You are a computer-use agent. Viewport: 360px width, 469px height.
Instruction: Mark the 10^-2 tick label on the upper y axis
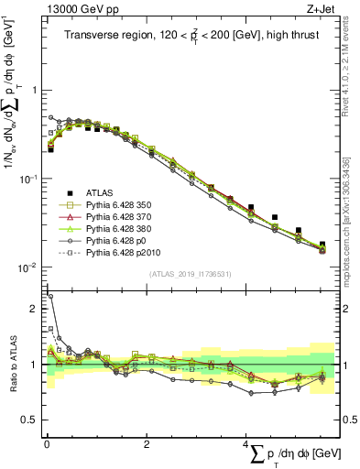coord(27,267)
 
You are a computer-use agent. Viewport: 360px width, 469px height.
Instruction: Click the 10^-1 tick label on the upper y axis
coord(27,179)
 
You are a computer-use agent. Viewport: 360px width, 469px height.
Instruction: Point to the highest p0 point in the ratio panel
coord(50,296)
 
